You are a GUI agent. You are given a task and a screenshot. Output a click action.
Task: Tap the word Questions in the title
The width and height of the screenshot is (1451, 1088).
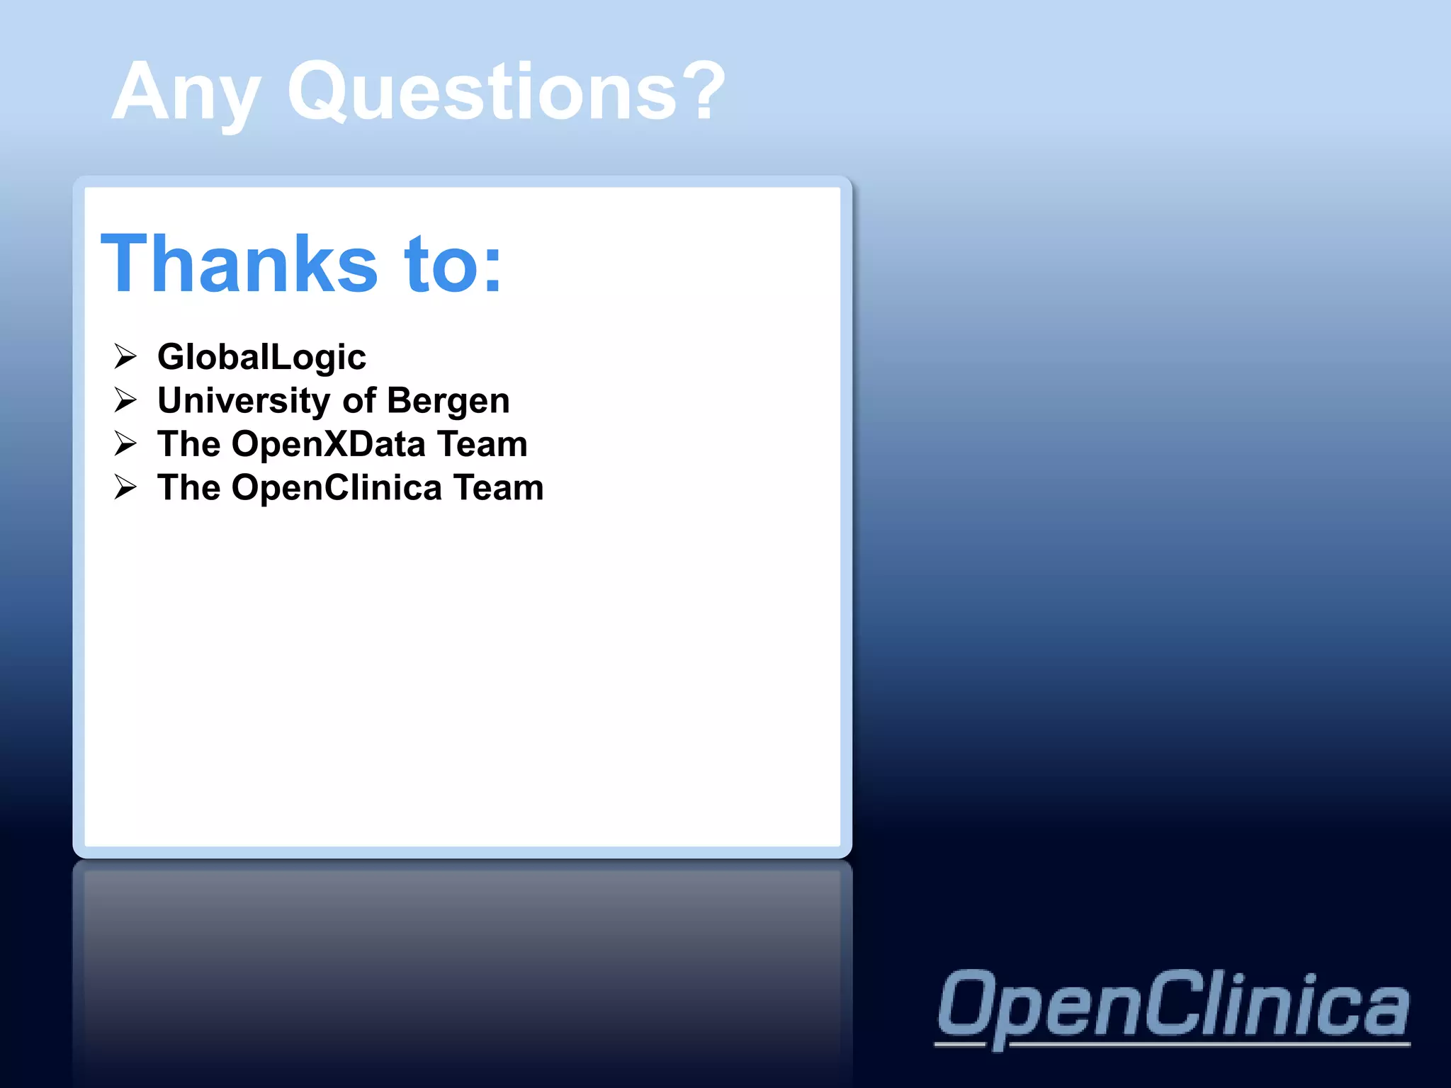click(482, 92)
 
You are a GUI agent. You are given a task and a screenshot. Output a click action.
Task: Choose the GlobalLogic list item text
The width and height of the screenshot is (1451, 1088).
click(261, 356)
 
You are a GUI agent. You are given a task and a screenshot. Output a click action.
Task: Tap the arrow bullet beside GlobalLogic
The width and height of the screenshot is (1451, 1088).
click(125, 356)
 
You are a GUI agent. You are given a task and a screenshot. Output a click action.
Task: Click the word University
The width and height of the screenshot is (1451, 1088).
click(244, 401)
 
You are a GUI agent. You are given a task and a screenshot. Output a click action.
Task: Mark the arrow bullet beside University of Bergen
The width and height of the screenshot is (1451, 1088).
click(125, 399)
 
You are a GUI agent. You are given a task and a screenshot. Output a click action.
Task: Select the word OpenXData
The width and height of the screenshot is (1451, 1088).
click(329, 444)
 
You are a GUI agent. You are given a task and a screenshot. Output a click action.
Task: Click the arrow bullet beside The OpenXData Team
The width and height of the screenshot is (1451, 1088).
click(125, 443)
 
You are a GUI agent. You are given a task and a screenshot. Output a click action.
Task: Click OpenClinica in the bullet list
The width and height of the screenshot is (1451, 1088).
click(337, 488)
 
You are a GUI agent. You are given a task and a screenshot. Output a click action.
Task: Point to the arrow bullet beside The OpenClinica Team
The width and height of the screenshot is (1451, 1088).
click(125, 487)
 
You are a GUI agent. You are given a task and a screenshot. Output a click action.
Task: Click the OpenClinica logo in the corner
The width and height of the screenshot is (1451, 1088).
click(1173, 1006)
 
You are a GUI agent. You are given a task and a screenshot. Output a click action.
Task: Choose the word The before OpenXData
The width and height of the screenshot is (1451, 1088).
click(188, 444)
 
